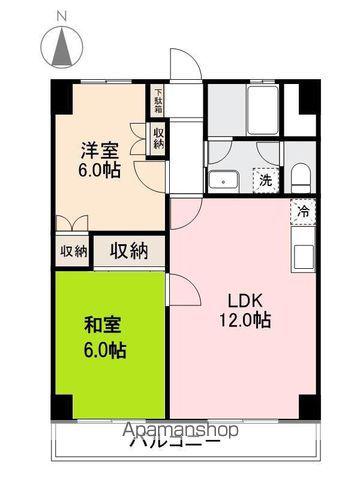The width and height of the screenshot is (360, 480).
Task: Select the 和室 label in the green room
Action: pos(103,325)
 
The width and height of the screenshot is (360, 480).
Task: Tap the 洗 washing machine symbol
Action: pos(265,181)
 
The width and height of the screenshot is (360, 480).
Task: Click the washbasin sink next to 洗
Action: pos(223,181)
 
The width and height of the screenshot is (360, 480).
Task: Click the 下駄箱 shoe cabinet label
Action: pos(158,101)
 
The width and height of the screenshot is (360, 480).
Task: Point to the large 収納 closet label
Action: pos(129,250)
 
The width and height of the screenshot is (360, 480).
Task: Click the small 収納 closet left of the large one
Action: pos(73,251)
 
